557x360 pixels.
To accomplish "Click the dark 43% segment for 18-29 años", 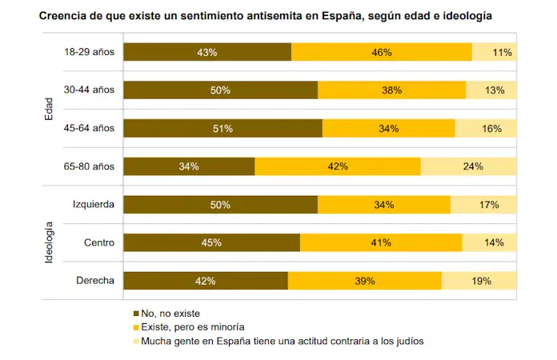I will click(207, 52).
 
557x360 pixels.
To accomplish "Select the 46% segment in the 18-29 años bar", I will click(381, 52).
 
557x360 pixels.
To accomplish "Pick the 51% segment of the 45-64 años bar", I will click(223, 128).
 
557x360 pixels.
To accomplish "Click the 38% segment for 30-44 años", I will click(391, 90).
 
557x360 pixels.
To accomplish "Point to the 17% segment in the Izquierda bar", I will click(483, 205).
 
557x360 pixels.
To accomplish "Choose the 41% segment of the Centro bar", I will click(381, 242).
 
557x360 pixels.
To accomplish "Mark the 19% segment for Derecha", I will click(479, 281).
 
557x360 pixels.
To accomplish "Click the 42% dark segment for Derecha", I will click(206, 281).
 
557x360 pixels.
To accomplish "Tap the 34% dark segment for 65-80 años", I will click(190, 166).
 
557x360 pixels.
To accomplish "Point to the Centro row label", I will click(99, 242).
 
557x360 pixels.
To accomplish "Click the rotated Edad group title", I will click(49, 110).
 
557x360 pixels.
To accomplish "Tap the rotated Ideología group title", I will click(49, 243).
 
